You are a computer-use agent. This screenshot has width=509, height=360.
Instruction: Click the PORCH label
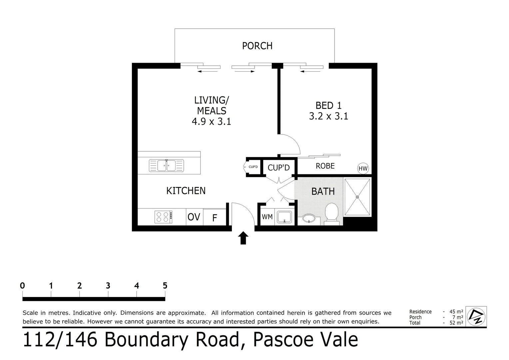pyautogui.click(x=257, y=46)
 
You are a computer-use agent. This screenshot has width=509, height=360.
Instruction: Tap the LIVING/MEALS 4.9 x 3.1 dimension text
pyautogui.click(x=211, y=122)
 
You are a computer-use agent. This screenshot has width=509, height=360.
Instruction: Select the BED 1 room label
pyautogui.click(x=328, y=106)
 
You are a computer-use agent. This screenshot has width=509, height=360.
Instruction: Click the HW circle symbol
pyautogui.click(x=363, y=169)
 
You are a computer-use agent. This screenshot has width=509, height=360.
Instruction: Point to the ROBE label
pyautogui.click(x=325, y=166)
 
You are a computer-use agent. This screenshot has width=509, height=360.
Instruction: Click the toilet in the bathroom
pyautogui.click(x=331, y=212)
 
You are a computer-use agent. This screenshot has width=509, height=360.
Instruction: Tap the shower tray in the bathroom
pyautogui.click(x=357, y=197)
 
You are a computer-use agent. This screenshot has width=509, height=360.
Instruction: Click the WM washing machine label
pyautogui.click(x=267, y=217)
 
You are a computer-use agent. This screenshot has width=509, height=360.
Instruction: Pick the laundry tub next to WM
pyautogui.click(x=284, y=217)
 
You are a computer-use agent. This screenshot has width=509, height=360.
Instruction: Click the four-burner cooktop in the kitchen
pyautogui.click(x=163, y=217)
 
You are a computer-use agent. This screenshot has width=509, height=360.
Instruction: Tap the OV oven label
pyautogui.click(x=194, y=217)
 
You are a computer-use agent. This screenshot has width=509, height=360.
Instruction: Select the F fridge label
pyautogui.click(x=215, y=218)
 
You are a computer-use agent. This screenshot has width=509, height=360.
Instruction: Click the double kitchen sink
pyautogui.click(x=166, y=166)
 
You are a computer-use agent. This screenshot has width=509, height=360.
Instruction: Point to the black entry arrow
pyautogui.click(x=243, y=238)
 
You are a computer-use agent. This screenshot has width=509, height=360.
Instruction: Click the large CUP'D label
pyautogui.click(x=279, y=168)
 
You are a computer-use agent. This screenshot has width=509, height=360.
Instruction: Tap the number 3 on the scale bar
pyautogui.click(x=108, y=286)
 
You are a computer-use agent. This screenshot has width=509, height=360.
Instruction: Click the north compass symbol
pyautogui.click(x=476, y=316)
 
